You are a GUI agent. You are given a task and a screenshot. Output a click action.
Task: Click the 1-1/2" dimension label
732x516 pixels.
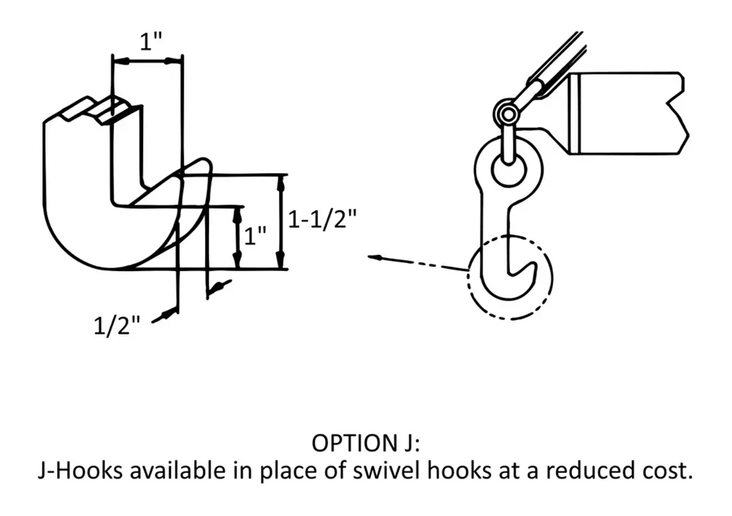click(x=322, y=219)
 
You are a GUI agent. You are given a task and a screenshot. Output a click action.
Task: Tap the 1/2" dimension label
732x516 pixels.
click(x=116, y=325)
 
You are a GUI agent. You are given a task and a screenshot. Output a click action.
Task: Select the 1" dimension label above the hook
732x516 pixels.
click(x=151, y=42)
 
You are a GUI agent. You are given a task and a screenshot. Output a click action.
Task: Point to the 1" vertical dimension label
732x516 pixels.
click(x=255, y=236)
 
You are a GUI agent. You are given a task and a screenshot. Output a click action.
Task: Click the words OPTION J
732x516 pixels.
click(x=365, y=443)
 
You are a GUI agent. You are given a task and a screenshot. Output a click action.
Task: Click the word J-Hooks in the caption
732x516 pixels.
click(x=81, y=470)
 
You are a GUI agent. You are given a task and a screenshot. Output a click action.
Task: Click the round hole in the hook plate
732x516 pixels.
click(x=509, y=168)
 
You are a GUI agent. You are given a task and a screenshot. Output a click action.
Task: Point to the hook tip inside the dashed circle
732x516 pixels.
click(x=531, y=264)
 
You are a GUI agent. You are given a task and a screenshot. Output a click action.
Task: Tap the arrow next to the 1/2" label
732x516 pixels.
click(x=164, y=316)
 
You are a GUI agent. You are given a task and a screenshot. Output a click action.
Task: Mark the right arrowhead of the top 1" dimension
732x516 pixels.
click(x=172, y=61)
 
